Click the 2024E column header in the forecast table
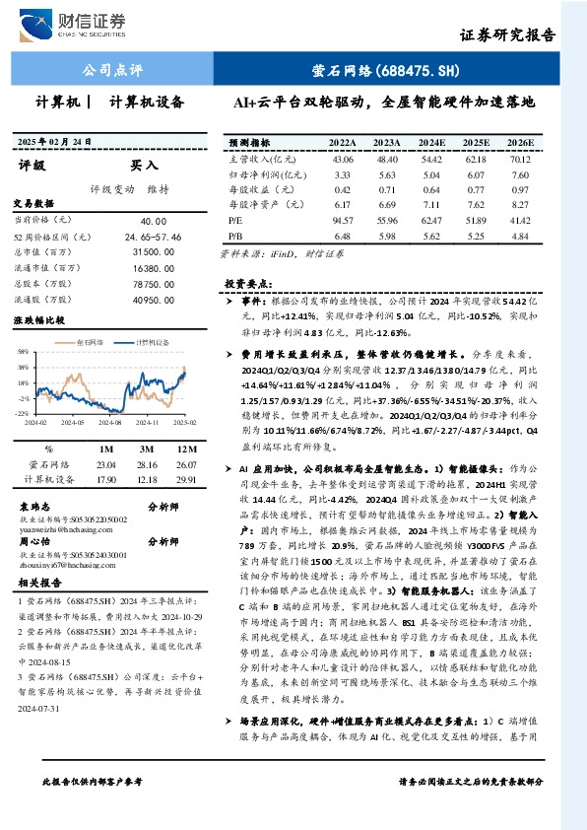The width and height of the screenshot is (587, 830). (430, 143)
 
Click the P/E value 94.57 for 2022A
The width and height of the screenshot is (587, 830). (343, 222)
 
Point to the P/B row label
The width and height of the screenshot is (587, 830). (235, 238)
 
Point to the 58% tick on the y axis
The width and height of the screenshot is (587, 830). (21, 351)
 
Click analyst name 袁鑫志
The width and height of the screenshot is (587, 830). (35, 506)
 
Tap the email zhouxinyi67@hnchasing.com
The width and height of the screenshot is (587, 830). (62, 566)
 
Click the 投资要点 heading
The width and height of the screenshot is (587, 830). (247, 283)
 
